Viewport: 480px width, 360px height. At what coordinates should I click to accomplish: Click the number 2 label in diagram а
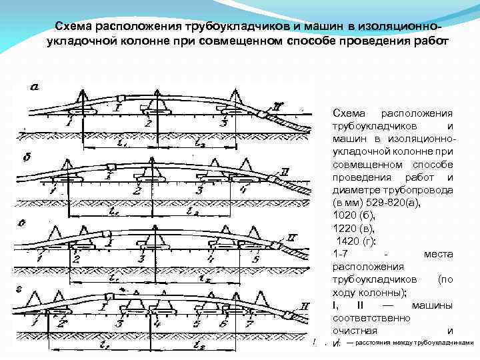pyautogui.click(x=147, y=123)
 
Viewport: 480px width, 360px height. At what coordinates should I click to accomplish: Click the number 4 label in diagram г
pyautogui.click(x=156, y=324)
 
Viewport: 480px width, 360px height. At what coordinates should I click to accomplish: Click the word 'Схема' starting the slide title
pyautogui.click(x=74, y=27)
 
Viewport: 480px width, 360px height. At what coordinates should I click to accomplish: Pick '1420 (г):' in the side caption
pyautogui.click(x=357, y=241)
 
